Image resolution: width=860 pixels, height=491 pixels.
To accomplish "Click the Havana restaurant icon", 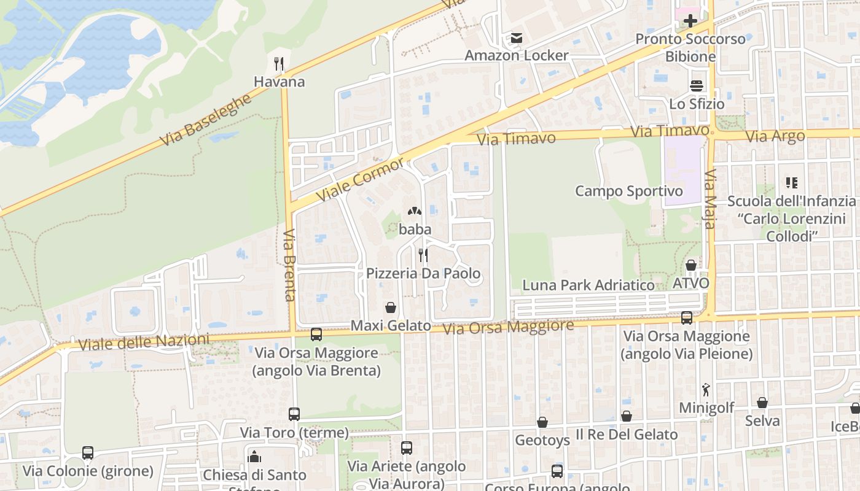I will pyautogui.click(x=279, y=63).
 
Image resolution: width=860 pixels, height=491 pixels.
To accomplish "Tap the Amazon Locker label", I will pyautogui.click(x=516, y=55).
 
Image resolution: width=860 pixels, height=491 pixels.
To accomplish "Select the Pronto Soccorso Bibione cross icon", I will pyautogui.click(x=690, y=21).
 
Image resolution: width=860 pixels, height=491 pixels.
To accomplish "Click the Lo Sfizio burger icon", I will pyautogui.click(x=697, y=86).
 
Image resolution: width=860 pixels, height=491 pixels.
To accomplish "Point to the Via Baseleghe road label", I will pyautogui.click(x=206, y=120).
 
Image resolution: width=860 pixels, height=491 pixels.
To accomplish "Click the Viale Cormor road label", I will pyautogui.click(x=361, y=179).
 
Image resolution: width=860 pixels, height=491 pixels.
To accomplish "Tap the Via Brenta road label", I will pyautogui.click(x=290, y=265).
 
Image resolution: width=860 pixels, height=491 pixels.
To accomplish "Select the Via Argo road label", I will pyautogui.click(x=775, y=136).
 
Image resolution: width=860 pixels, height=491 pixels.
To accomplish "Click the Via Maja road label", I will pyautogui.click(x=709, y=199).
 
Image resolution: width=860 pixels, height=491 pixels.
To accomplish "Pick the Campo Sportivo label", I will pyautogui.click(x=628, y=191).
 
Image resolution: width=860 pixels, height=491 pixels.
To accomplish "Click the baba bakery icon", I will pyautogui.click(x=415, y=212).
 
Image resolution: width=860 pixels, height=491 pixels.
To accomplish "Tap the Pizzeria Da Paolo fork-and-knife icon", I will pyautogui.click(x=423, y=255).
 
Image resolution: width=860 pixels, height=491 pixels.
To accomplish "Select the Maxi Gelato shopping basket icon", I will pyautogui.click(x=390, y=307).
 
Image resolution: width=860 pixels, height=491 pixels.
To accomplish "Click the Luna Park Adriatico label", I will pyautogui.click(x=588, y=285).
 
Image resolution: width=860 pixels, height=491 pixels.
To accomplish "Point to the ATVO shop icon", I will pyautogui.click(x=691, y=265).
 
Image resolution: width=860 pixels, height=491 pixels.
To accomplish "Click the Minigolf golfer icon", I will pyautogui.click(x=706, y=390).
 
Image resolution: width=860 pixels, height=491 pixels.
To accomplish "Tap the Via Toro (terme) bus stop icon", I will pyautogui.click(x=294, y=414).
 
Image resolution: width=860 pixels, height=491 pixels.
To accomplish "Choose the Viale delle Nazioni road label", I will pyautogui.click(x=144, y=341).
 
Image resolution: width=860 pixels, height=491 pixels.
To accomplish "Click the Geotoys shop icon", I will pyautogui.click(x=542, y=422).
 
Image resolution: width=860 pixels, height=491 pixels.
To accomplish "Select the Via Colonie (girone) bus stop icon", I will pyautogui.click(x=88, y=453).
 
